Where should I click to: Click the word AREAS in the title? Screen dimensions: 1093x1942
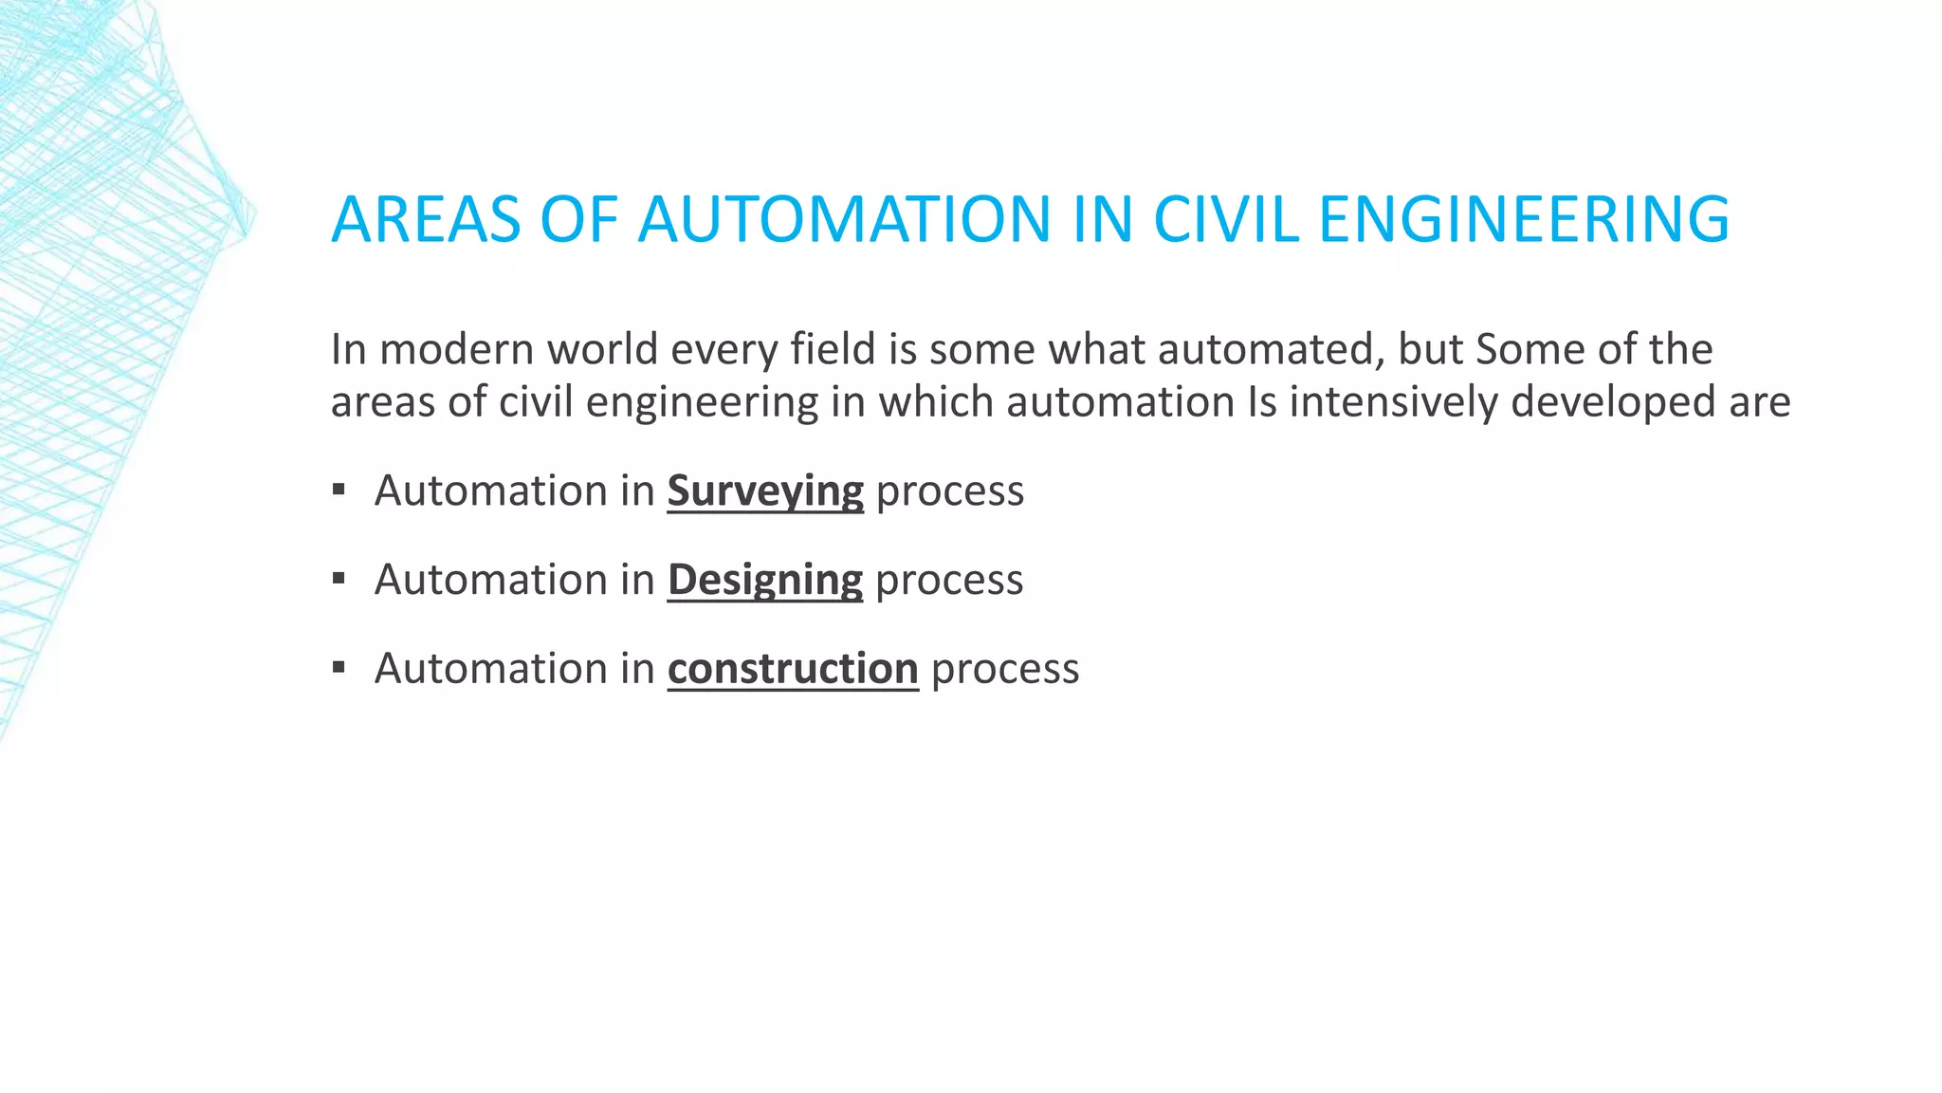tap(426, 219)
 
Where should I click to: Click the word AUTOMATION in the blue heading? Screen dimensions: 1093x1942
tap(844, 219)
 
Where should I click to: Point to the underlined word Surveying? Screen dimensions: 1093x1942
tap(765, 491)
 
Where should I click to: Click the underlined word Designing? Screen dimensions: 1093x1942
tap(765, 580)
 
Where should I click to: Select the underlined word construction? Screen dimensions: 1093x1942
tap(793, 669)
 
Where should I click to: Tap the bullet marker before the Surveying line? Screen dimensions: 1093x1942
tap(339, 491)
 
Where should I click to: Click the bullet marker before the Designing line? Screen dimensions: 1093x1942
tap(339, 579)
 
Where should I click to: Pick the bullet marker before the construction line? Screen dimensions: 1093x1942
tap(339, 668)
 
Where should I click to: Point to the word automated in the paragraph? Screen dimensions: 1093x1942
tap(1265, 349)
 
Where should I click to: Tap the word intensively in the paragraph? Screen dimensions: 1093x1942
tap(1393, 402)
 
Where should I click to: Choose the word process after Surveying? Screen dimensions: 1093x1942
tap(950, 491)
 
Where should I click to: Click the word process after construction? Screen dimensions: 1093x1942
tap(1005, 669)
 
